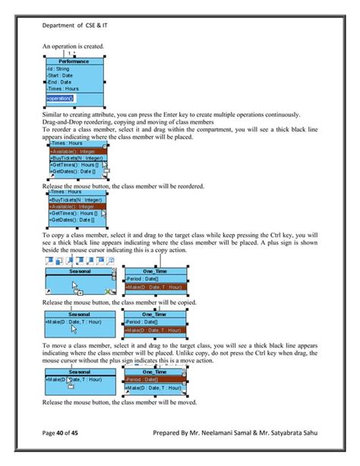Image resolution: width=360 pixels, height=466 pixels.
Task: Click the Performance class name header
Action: tap(74, 61)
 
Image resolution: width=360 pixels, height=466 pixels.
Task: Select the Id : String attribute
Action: tap(58, 68)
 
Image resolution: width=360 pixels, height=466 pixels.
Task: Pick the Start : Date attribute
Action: tap(61, 75)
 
